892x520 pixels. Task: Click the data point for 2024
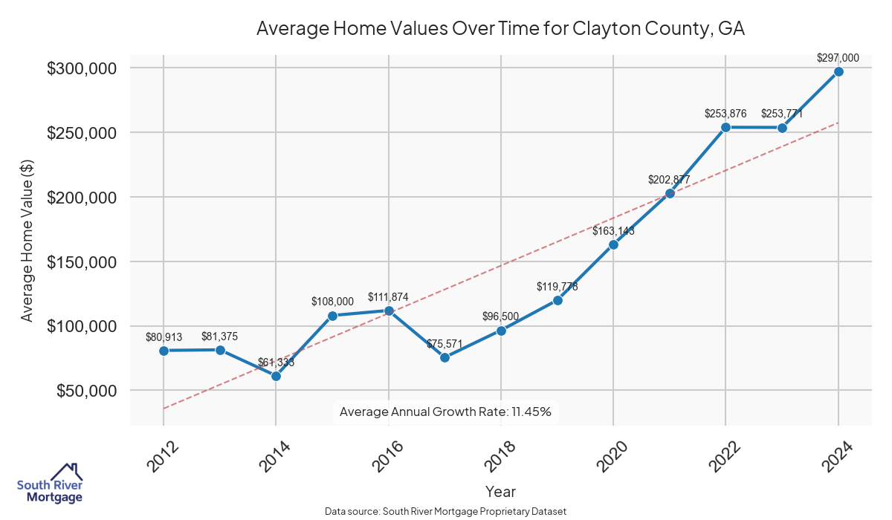pyautogui.click(x=838, y=71)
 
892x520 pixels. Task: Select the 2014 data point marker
pyautogui.click(x=276, y=376)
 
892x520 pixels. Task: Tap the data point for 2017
pyautogui.click(x=445, y=357)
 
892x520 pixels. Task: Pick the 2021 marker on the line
pyautogui.click(x=670, y=193)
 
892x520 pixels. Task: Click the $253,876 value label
pyautogui.click(x=725, y=114)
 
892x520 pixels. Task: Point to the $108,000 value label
pyautogui.click(x=332, y=302)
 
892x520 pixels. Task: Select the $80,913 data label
pyautogui.click(x=164, y=337)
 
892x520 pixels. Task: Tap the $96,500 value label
pyautogui.click(x=501, y=317)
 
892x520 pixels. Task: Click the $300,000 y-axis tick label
pyautogui.click(x=82, y=68)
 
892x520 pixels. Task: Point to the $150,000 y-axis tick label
pyautogui.click(x=82, y=262)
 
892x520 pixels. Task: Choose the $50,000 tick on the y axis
pyautogui.click(x=86, y=391)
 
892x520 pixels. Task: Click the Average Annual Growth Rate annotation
pyautogui.click(x=445, y=412)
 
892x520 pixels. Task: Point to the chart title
pyautogui.click(x=500, y=29)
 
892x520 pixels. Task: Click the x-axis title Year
pyautogui.click(x=500, y=492)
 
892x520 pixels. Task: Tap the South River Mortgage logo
pyautogui.click(x=50, y=484)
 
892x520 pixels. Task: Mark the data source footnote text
pyautogui.click(x=445, y=512)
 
